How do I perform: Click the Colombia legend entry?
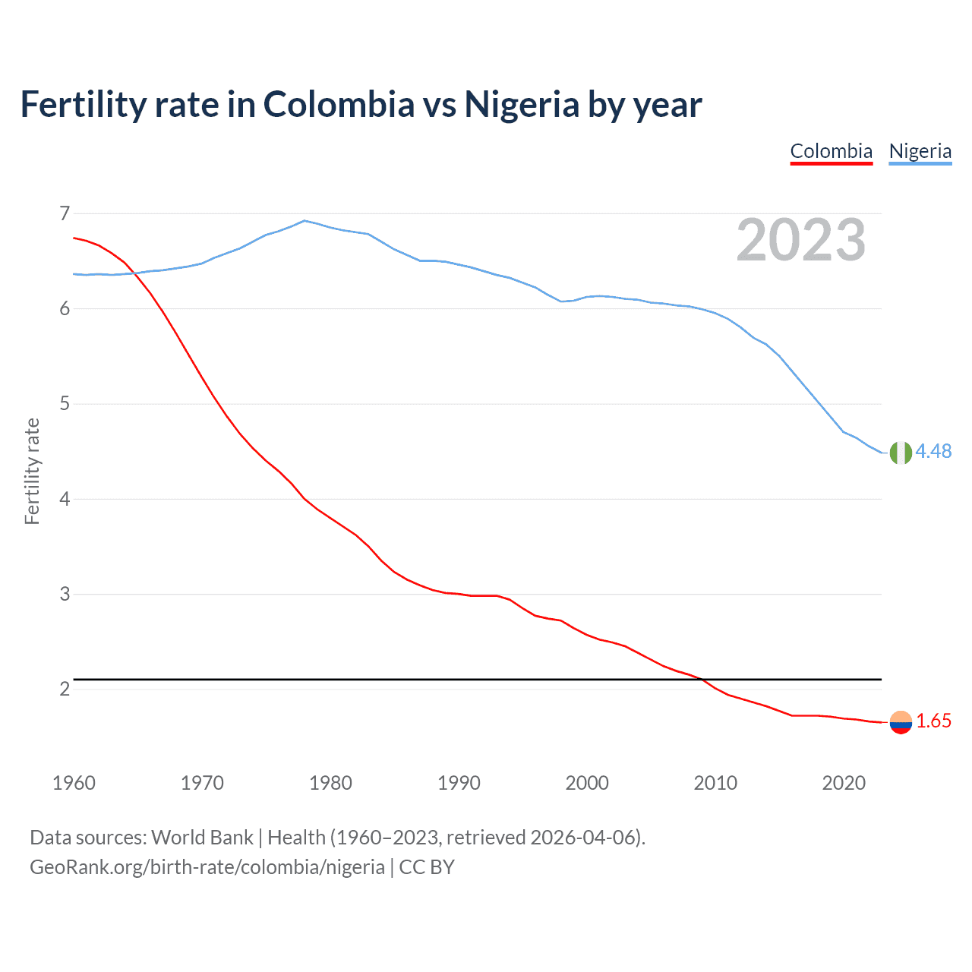pyautogui.click(x=832, y=151)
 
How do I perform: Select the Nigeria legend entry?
pyautogui.click(x=920, y=151)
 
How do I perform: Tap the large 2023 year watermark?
pyautogui.click(x=801, y=240)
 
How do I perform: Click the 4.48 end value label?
pyautogui.click(x=933, y=451)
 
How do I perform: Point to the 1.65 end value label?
pyautogui.click(x=933, y=721)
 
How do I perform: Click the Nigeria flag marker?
pyautogui.click(x=901, y=453)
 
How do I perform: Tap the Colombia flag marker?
pyautogui.click(x=901, y=722)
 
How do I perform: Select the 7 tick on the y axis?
pyautogui.click(x=65, y=213)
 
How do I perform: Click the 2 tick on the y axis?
pyautogui.click(x=65, y=689)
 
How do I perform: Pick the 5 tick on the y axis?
pyautogui.click(x=65, y=403)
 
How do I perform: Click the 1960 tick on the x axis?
pyautogui.click(x=74, y=783)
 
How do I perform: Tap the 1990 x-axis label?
pyautogui.click(x=459, y=783)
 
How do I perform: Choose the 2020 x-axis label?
pyautogui.click(x=844, y=783)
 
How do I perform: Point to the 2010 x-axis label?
pyautogui.click(x=715, y=783)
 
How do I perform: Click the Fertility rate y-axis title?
pyautogui.click(x=32, y=471)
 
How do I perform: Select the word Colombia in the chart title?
pyautogui.click(x=339, y=104)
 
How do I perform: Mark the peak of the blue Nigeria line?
pyautogui.click(x=305, y=220)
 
